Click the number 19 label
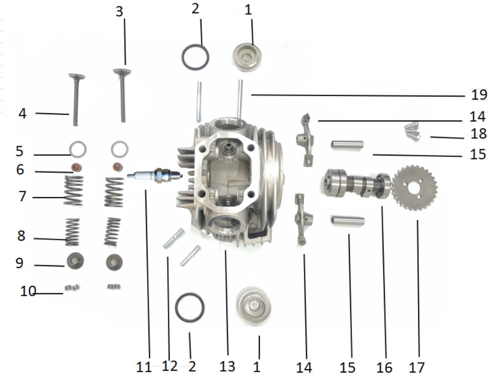(479, 95)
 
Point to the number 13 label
(227, 366)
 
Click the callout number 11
(144, 367)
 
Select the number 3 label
(119, 11)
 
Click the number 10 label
(28, 291)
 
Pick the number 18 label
(479, 134)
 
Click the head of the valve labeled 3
(122, 72)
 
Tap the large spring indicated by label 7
(74, 191)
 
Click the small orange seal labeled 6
(75, 166)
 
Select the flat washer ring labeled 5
(78, 149)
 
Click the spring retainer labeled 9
(75, 261)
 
